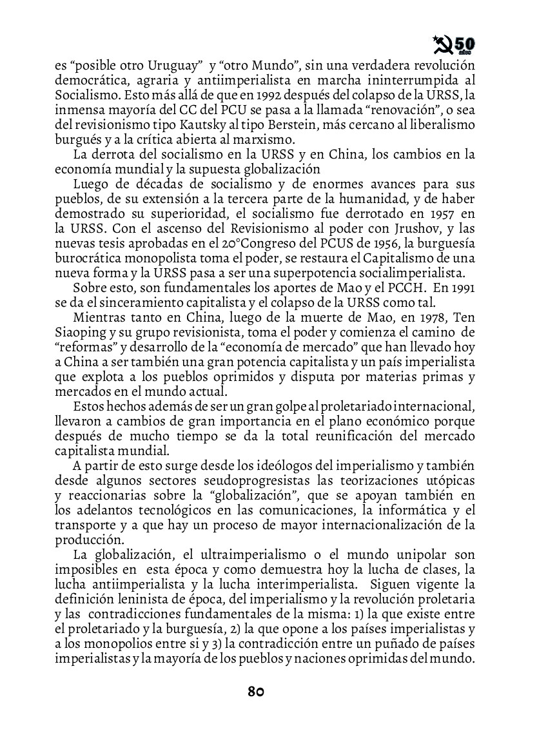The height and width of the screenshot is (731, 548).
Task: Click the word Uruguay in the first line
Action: click(x=170, y=66)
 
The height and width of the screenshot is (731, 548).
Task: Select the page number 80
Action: click(x=256, y=692)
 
